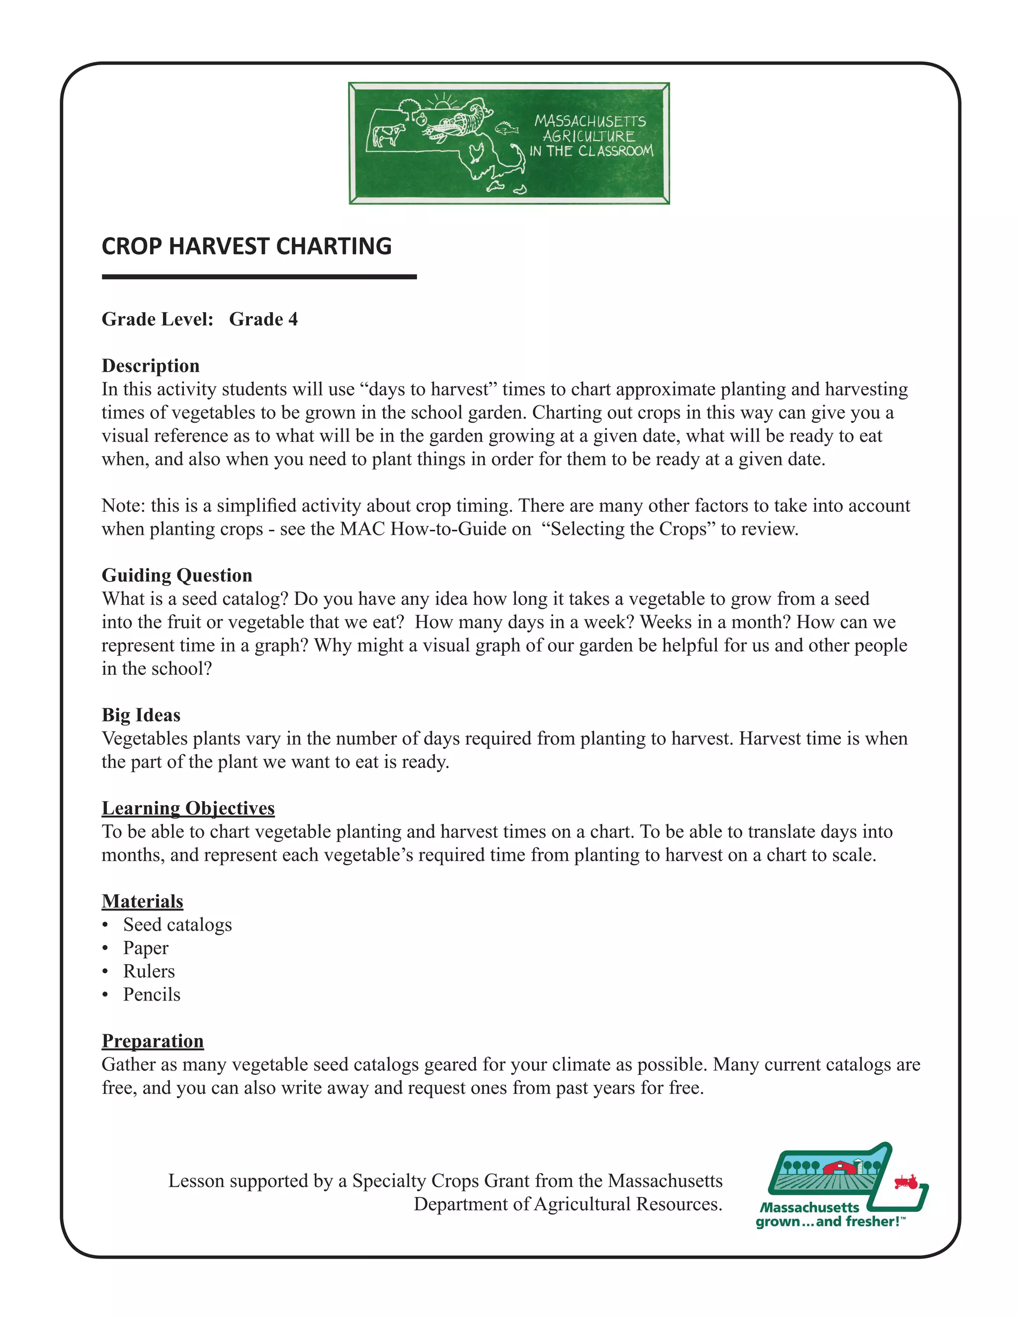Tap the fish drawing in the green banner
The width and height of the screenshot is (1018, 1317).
[x=507, y=128]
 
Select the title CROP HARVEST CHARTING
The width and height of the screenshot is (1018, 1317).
[x=247, y=247]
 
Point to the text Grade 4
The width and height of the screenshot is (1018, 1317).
[x=263, y=319]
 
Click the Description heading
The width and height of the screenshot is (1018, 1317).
[x=150, y=365]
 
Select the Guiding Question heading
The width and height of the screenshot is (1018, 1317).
[x=176, y=576]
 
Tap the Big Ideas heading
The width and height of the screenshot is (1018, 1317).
[x=141, y=715]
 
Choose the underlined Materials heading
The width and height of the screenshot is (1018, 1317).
[x=142, y=902]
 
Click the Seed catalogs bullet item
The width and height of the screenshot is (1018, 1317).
[x=177, y=925]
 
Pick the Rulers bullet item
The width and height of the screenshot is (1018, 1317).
[x=149, y=972]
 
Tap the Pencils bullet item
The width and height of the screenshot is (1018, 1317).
[x=152, y=995]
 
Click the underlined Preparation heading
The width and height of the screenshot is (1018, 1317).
[x=153, y=1041]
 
